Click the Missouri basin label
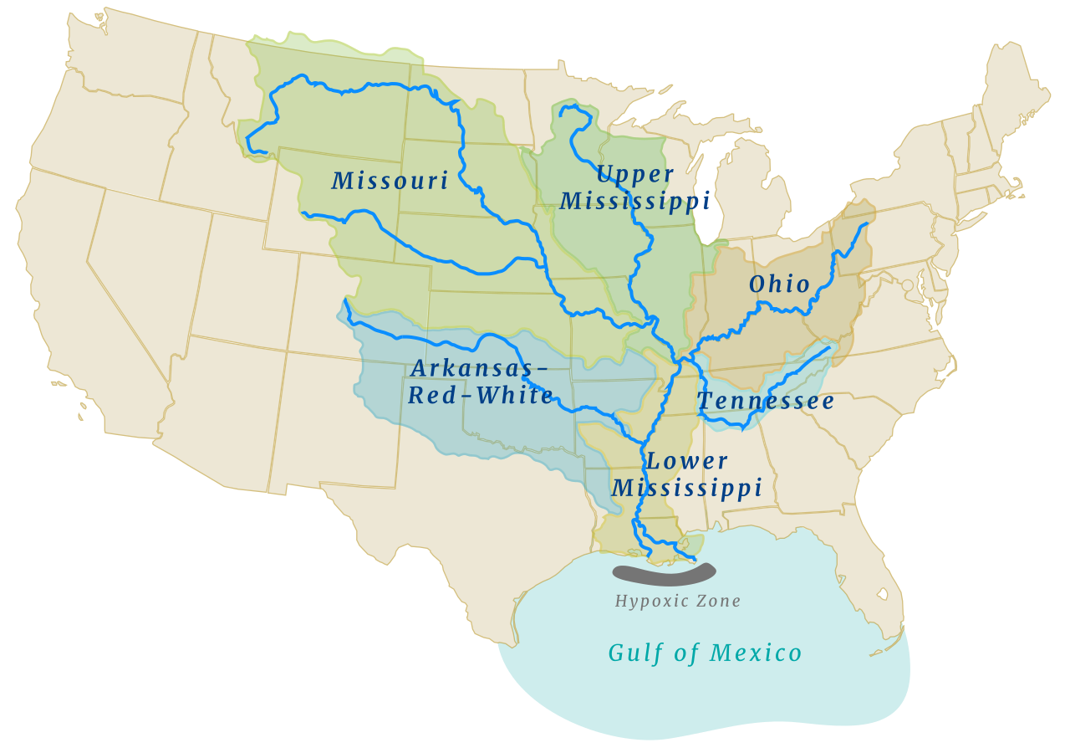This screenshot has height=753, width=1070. (390, 181)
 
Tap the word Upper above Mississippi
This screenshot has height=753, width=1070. (635, 175)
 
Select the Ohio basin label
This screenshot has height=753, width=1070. (779, 284)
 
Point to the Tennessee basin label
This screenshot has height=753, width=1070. (766, 402)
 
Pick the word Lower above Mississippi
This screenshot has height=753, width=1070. (687, 461)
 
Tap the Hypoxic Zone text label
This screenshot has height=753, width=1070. (678, 601)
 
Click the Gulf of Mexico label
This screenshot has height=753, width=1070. (705, 653)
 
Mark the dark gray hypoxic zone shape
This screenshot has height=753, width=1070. (665, 575)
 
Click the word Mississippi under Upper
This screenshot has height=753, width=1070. (635, 202)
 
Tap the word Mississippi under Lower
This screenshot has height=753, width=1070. (687, 488)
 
